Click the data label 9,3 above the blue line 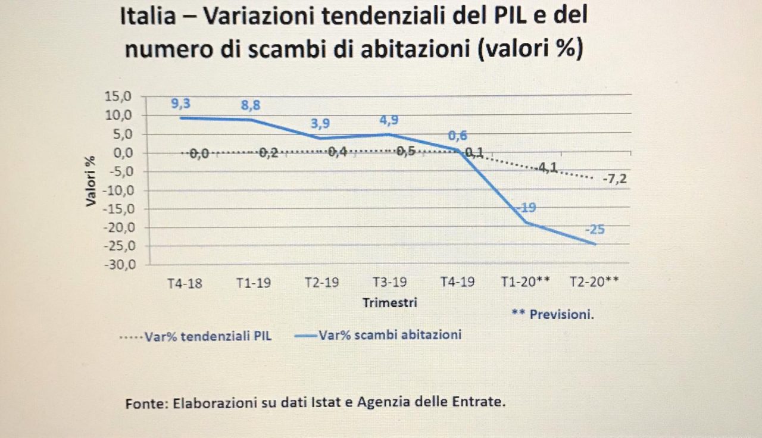pos(181,104)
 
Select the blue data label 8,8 pos(251,105)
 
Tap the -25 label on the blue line pos(594,230)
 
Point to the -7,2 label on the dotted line pos(614,179)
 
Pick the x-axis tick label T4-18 pos(185,283)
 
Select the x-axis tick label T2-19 pos(321,283)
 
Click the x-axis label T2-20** pos(594,283)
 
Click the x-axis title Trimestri pos(390,302)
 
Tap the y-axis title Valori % pos(90,180)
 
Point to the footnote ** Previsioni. pos(552,314)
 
